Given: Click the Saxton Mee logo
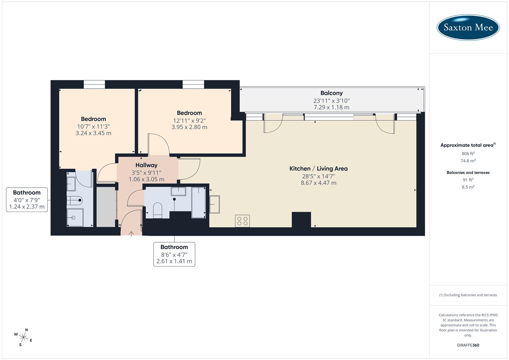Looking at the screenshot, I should (x=468, y=27).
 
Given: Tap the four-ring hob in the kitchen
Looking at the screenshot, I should (x=242, y=221).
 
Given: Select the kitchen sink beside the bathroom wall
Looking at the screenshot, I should (x=214, y=204).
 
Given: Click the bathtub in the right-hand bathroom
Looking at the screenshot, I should (x=199, y=202).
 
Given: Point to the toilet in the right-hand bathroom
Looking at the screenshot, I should (x=157, y=210).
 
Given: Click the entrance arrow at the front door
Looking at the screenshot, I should (x=131, y=233).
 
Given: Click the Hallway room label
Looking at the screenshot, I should (x=146, y=165).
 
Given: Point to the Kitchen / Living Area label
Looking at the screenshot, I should (x=318, y=169).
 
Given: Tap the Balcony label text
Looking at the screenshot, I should (x=331, y=93).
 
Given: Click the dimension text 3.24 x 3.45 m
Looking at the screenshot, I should (x=93, y=133).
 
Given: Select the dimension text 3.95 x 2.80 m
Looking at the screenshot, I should (x=189, y=127).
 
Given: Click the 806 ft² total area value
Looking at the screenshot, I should (x=468, y=154).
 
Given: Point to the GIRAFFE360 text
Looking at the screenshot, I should (x=468, y=345).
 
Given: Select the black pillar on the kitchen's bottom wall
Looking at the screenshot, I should (x=301, y=220).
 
